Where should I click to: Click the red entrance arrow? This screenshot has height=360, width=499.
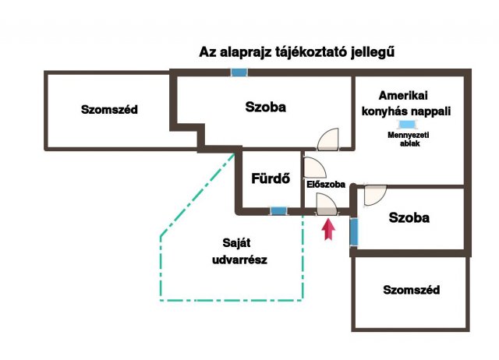pyautogui.click(x=328, y=230)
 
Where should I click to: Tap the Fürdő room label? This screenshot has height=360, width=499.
pyautogui.click(x=271, y=178)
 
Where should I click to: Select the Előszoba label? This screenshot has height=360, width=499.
pyautogui.click(x=326, y=185)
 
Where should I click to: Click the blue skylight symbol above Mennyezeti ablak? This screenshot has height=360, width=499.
pyautogui.click(x=407, y=125)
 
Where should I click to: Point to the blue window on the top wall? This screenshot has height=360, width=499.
pyautogui.click(x=239, y=72)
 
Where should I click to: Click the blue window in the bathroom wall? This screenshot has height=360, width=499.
pyautogui.click(x=278, y=210)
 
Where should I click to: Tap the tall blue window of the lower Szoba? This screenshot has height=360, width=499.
pyautogui.click(x=354, y=232)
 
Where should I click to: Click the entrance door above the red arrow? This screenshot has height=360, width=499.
pyautogui.click(x=327, y=204)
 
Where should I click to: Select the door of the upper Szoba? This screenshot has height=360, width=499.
pyautogui.click(x=327, y=139)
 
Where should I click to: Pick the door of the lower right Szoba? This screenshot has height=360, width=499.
pyautogui.click(x=375, y=195)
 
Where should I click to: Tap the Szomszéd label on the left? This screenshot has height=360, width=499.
pyautogui.click(x=109, y=109)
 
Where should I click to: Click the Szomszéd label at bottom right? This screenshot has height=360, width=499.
pyautogui.click(x=411, y=290)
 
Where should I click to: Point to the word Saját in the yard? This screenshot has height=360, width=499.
pyautogui.click(x=236, y=243)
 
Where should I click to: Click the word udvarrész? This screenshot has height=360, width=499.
pyautogui.click(x=239, y=259)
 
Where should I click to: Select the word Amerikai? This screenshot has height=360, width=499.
pyautogui.click(x=403, y=95)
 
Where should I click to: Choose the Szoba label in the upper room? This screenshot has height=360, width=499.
pyautogui.click(x=265, y=107)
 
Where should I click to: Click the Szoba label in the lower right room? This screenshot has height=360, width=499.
pyautogui.click(x=409, y=217)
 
